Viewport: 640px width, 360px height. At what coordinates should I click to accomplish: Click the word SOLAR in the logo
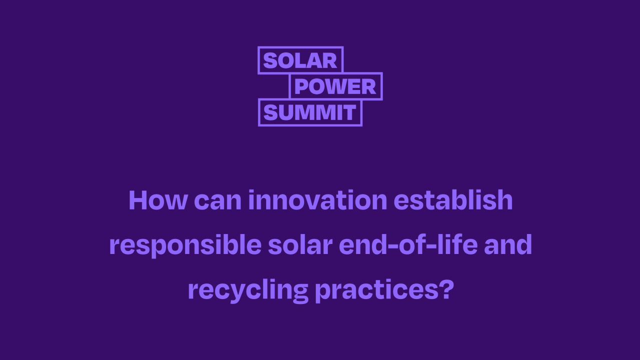[300, 60]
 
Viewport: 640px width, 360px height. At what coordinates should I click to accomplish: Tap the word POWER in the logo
[335, 86]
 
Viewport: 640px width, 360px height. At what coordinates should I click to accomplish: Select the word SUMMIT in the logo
[309, 113]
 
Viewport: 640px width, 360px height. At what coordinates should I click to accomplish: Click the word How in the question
[158, 200]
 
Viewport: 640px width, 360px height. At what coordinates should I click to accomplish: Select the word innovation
[317, 200]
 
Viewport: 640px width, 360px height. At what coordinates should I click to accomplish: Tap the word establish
[453, 200]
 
